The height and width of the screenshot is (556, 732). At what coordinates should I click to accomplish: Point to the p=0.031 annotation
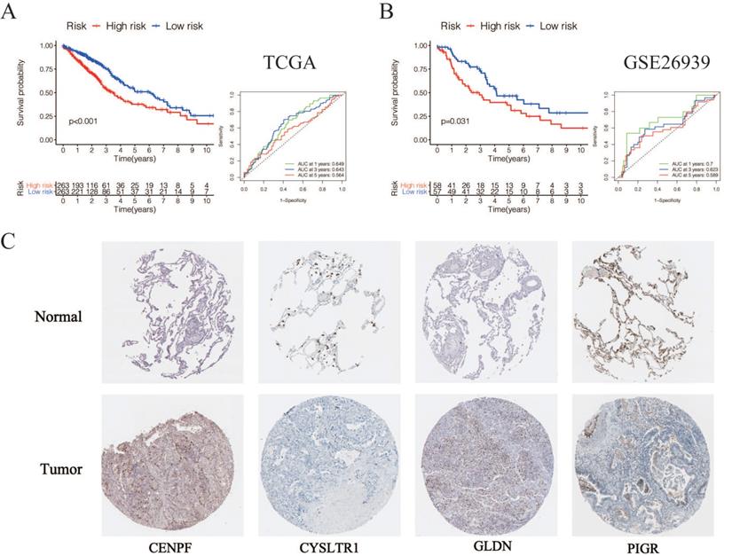point(442,117)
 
